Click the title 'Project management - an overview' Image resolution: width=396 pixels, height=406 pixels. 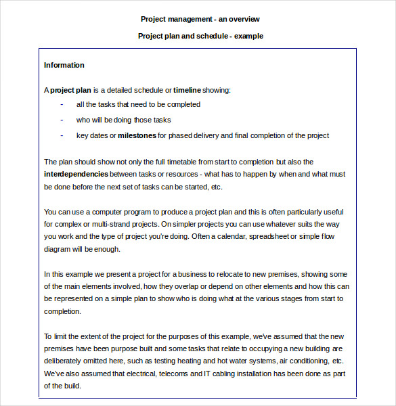click(x=200, y=19)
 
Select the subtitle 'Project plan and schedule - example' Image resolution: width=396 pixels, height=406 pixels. click(x=200, y=36)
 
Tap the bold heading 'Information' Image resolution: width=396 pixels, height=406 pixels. click(x=64, y=65)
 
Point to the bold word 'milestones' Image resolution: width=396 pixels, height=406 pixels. click(x=137, y=135)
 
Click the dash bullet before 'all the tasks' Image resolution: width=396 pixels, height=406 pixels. click(x=62, y=104)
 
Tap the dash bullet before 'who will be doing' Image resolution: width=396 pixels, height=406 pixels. click(x=62, y=120)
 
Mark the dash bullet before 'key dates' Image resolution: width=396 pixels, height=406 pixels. click(x=62, y=135)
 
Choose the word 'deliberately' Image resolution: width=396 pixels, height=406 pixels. click(x=66, y=361)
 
